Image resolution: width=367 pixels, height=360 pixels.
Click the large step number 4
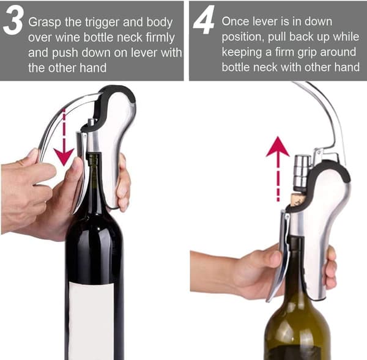204,20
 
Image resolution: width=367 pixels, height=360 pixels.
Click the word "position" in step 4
243,37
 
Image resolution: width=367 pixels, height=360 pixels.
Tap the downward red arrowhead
64,156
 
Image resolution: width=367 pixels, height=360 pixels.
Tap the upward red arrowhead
278,147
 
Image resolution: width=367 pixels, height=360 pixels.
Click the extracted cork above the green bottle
296,199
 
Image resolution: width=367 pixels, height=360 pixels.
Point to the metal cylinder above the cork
302,172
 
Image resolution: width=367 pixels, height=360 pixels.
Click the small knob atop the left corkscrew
90,122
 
